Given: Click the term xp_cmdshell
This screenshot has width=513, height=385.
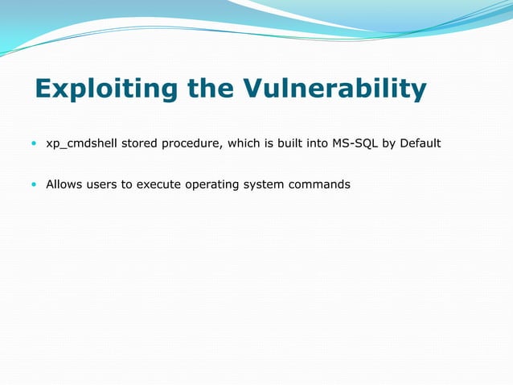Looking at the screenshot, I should click(x=82, y=144).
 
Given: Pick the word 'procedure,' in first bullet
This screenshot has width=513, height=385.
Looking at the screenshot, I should click(x=192, y=144).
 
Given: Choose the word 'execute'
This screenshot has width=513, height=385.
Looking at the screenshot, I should click(x=158, y=184).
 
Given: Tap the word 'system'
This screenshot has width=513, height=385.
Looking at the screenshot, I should click(x=264, y=184).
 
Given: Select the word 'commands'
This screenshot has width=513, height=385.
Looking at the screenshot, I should click(x=320, y=184).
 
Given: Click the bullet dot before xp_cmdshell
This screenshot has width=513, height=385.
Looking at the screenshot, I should click(x=33, y=144).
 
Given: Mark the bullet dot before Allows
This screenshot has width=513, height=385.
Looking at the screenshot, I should click(x=33, y=184).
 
